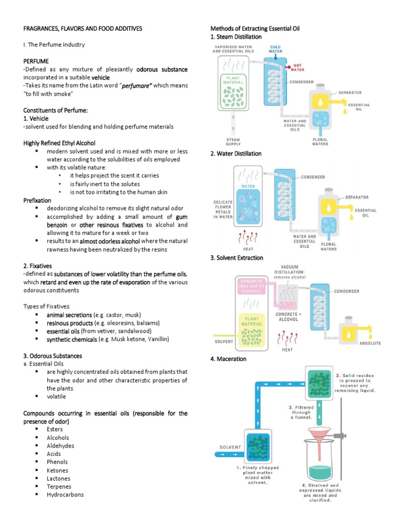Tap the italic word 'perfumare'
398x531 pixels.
click(x=136, y=86)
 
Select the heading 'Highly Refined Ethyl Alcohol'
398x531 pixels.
click(x=60, y=143)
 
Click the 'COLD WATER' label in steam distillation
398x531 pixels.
click(x=275, y=49)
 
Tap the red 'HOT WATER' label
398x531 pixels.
click(x=297, y=67)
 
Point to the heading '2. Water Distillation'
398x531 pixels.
click(x=236, y=153)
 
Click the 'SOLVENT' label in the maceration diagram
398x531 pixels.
click(x=230, y=446)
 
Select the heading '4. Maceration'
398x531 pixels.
click(x=229, y=359)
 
